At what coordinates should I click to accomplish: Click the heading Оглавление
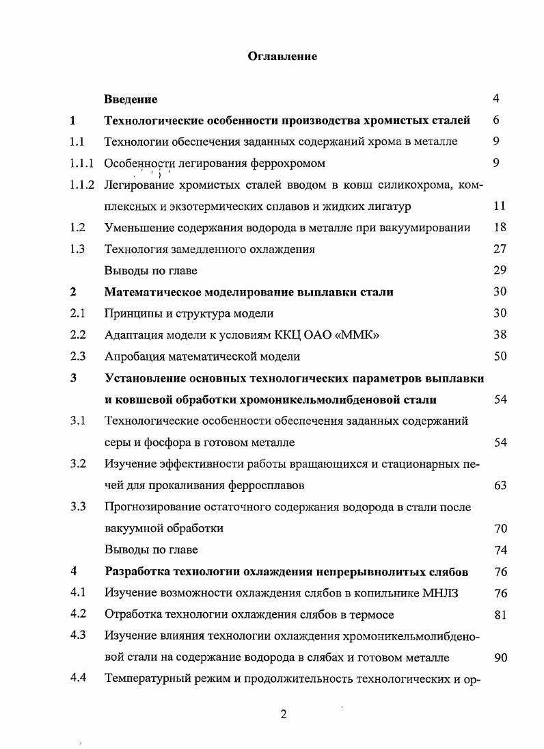282,56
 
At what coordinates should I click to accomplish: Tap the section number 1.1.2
81,185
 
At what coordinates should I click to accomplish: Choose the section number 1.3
77,249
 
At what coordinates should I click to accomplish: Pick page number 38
500,335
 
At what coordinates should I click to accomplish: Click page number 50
500,356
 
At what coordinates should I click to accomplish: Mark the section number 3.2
77,464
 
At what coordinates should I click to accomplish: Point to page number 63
500,486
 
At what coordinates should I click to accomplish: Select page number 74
500,550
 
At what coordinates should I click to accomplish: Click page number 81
500,614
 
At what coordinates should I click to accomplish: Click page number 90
500,657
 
